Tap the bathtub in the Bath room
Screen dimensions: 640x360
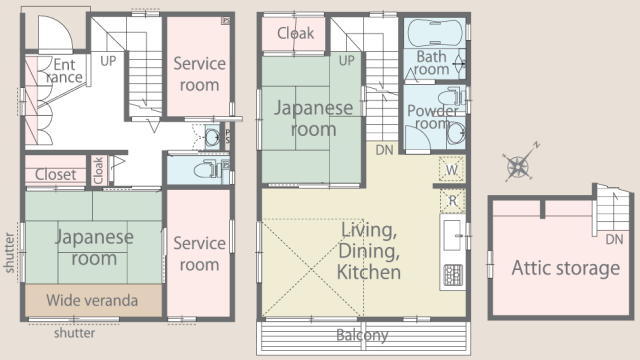click(436, 32)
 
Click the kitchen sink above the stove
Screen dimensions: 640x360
click(453, 236)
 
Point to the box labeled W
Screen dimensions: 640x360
click(452, 169)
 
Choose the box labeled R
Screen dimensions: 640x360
click(452, 200)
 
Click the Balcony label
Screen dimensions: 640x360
click(362, 335)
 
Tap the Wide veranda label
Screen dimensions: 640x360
click(92, 300)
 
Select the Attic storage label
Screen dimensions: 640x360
click(566, 268)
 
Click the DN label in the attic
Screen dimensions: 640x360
click(614, 239)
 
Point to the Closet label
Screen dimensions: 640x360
click(56, 175)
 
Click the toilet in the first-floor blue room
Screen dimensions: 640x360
click(206, 169)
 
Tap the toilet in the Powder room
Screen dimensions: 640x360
click(451, 97)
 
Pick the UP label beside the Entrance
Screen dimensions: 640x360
click(108, 61)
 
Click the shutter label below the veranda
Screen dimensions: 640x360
click(75, 333)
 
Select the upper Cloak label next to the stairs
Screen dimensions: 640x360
click(296, 33)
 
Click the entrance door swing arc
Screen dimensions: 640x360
click(60, 29)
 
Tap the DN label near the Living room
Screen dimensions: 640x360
click(384, 150)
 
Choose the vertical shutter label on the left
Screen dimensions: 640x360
click(9, 253)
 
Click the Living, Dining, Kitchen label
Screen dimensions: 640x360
click(369, 251)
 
